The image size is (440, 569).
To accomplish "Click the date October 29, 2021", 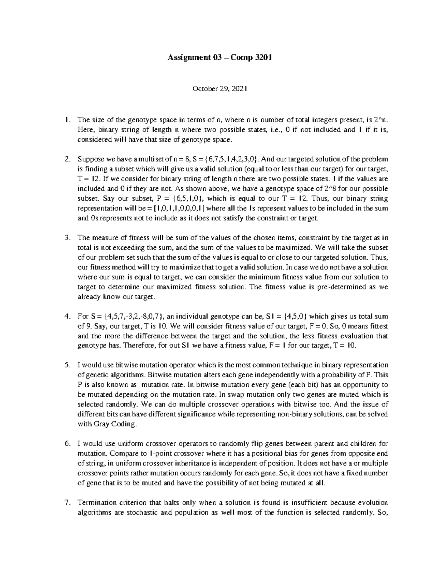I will (220, 88).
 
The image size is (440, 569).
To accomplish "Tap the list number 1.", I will (66, 119).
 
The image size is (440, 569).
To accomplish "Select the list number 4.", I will (66, 316).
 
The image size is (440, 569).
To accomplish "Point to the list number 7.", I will (66, 502).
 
